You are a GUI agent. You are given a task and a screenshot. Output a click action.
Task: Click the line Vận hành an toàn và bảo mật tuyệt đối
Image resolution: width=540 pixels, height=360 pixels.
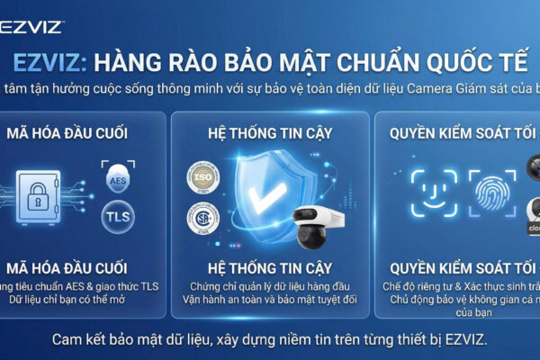point(269,300)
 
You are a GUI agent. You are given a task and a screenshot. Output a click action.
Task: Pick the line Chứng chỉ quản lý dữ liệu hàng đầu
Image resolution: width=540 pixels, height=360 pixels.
point(269,286)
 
